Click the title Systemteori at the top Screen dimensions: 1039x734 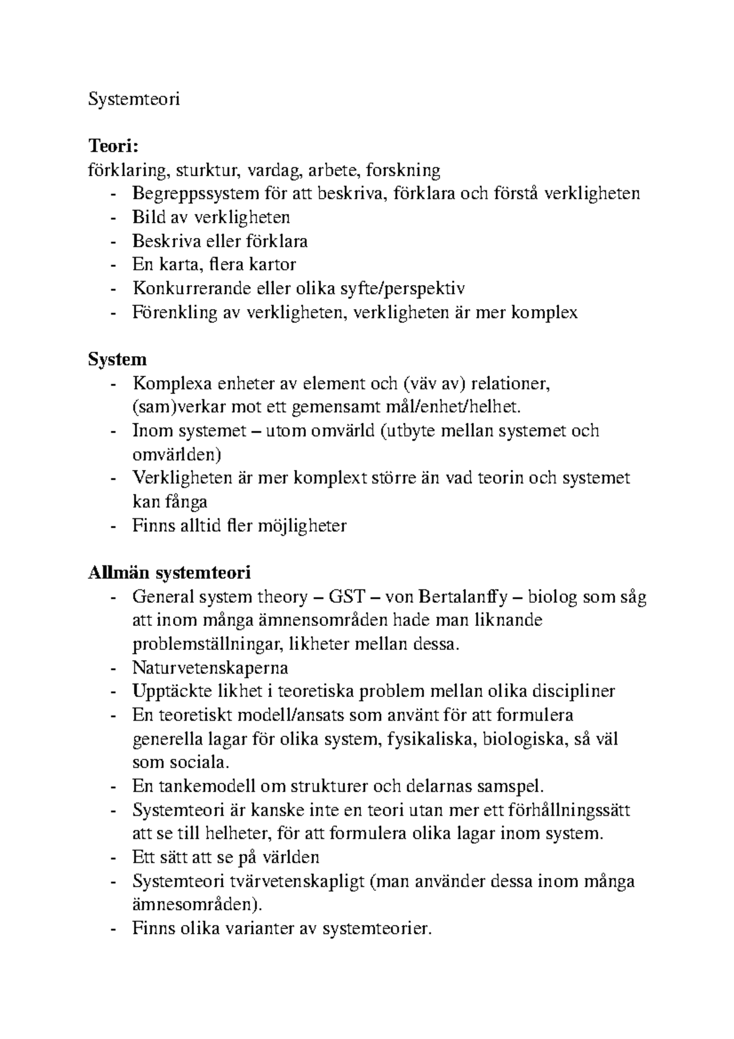[x=134, y=99]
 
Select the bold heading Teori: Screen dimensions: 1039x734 [x=114, y=146]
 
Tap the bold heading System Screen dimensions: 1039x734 [x=117, y=359]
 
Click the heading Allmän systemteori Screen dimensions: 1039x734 [x=169, y=573]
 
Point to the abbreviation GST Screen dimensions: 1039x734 [x=347, y=597]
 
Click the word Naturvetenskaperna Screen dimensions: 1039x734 [x=210, y=668]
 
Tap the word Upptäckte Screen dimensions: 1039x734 [x=161, y=691]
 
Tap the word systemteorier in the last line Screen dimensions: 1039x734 [x=376, y=929]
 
